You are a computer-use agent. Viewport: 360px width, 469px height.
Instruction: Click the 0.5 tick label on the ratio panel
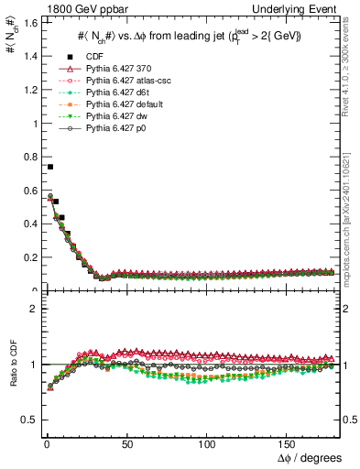(x=28, y=420)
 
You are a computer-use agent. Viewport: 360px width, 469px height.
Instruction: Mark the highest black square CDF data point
(x=50, y=167)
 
